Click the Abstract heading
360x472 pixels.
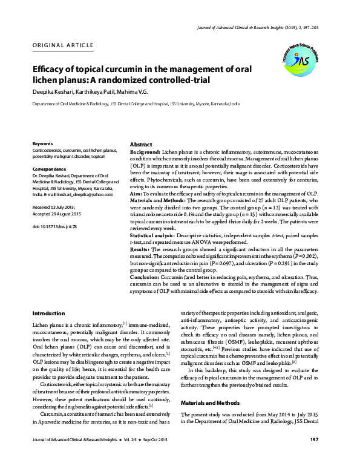coord(141,145)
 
